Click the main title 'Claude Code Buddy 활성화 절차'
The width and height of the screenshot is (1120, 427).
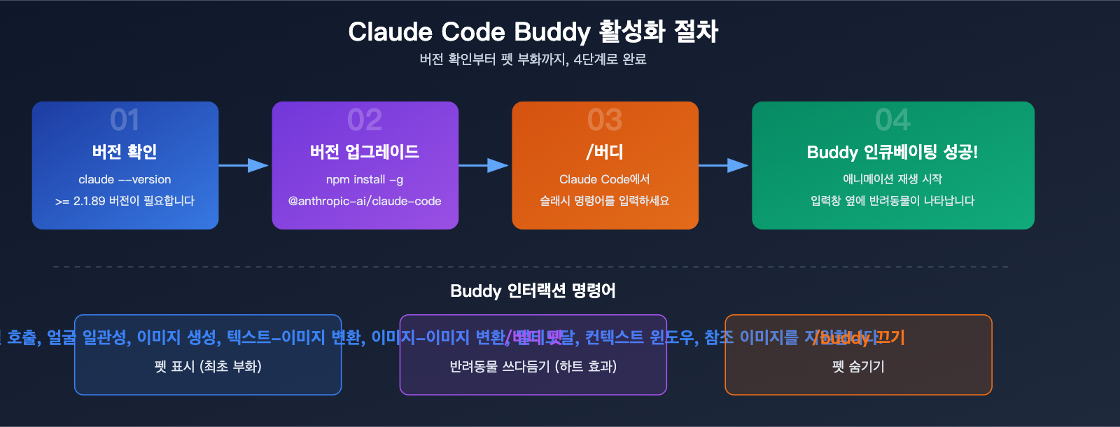[x=533, y=31]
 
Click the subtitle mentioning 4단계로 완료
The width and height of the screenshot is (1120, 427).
[x=533, y=59]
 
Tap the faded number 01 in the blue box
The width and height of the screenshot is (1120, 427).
[x=125, y=120]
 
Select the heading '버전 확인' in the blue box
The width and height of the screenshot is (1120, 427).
[x=125, y=152]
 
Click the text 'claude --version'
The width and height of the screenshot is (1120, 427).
[x=125, y=179]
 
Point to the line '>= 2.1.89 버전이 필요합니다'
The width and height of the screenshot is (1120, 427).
[x=125, y=201]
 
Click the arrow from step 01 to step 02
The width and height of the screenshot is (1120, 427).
[x=244, y=165]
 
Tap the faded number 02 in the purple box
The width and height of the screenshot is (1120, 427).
[x=365, y=120]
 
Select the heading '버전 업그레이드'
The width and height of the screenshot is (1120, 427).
[x=365, y=152]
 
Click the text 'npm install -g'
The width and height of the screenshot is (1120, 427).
[x=365, y=179]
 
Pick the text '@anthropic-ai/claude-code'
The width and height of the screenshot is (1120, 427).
[x=365, y=201]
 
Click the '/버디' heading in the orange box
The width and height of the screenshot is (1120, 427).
[x=605, y=152]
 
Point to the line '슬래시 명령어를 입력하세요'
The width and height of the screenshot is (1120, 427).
[x=605, y=201]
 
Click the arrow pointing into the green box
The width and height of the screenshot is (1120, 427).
[x=724, y=165]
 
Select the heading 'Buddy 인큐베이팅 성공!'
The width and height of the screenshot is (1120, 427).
[x=892, y=152]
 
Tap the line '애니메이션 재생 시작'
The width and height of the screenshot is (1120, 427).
[x=892, y=179]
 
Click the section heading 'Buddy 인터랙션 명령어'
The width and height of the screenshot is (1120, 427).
[x=533, y=290]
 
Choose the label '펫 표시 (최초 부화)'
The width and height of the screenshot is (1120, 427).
[x=208, y=366]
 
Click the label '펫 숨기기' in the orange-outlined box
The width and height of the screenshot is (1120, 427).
[x=858, y=366]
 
